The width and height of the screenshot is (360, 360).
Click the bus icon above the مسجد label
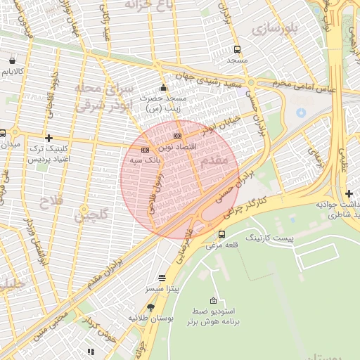point(237,50)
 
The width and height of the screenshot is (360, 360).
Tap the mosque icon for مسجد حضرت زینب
point(163,88)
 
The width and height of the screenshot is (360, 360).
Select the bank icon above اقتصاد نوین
point(177,136)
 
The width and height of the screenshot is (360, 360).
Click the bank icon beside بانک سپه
point(145,150)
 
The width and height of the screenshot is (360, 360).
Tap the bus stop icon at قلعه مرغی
point(222,234)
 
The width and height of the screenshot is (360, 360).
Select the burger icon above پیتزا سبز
point(162,278)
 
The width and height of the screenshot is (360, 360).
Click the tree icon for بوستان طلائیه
point(150,307)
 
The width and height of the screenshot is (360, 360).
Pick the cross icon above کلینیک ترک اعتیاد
point(49,138)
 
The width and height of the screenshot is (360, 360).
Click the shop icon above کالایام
point(13,60)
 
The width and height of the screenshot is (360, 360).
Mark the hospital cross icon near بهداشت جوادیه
point(349,193)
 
